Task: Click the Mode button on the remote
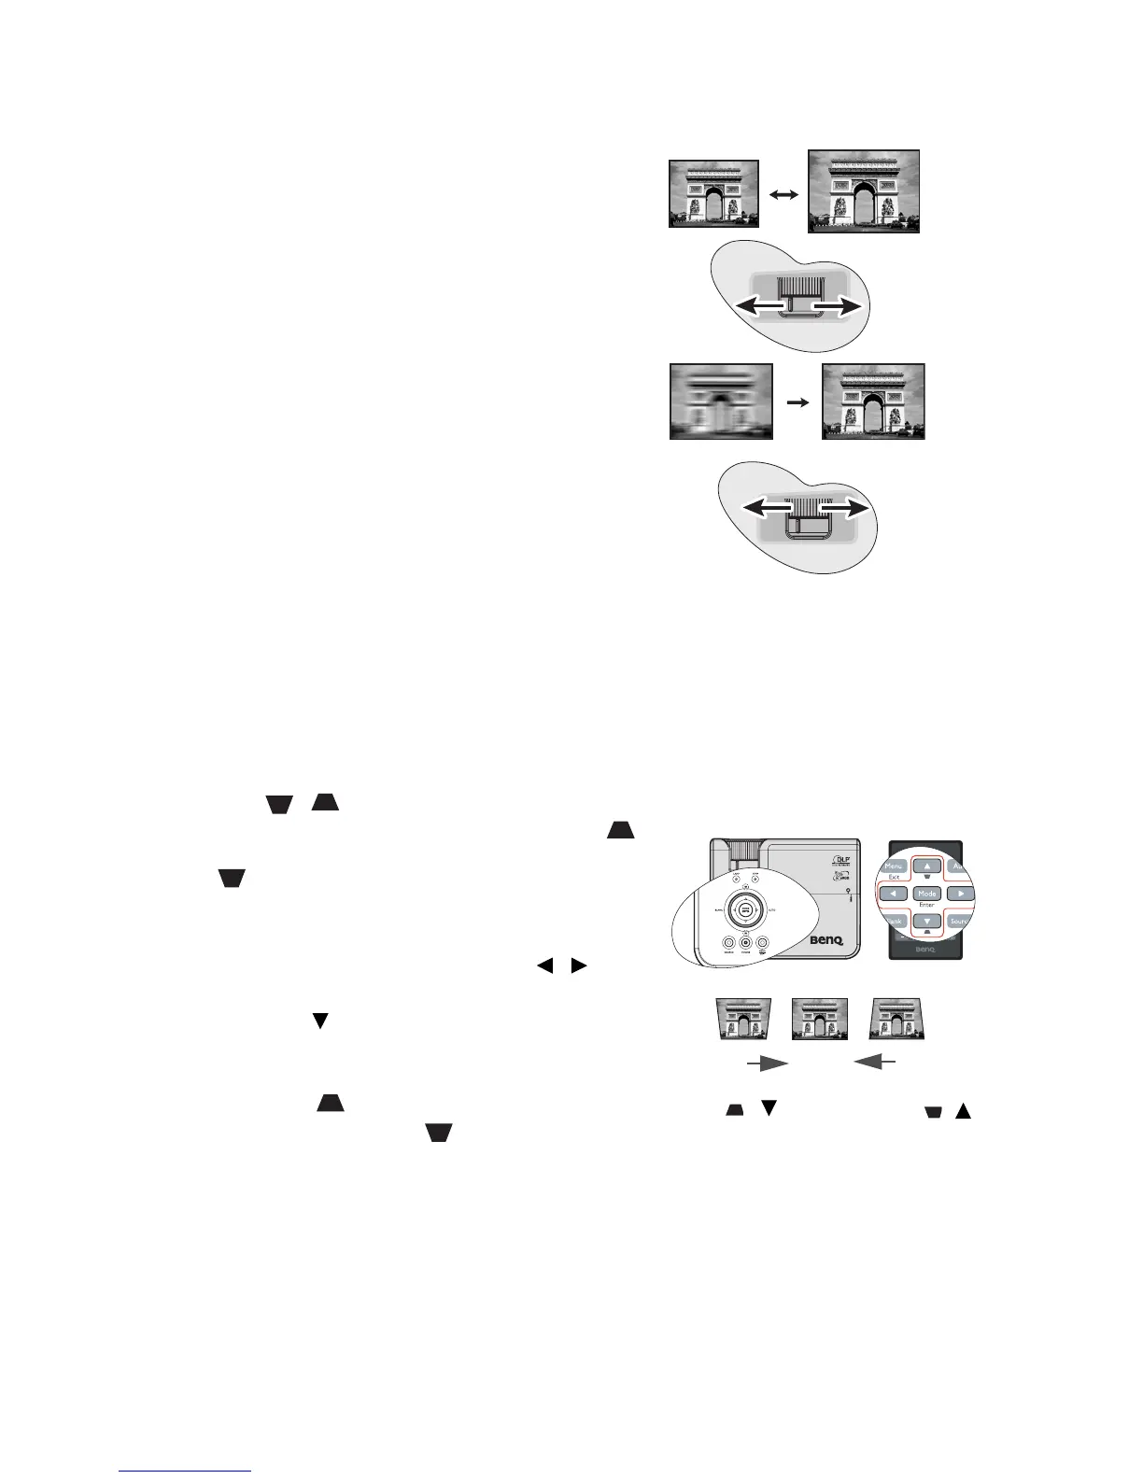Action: pyautogui.click(x=925, y=894)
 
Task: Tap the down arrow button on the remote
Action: pyautogui.click(x=925, y=921)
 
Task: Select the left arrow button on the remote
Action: pyautogui.click(x=894, y=894)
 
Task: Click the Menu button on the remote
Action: pyautogui.click(x=894, y=866)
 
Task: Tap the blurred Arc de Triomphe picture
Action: pyautogui.click(x=721, y=401)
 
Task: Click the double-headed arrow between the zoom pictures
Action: pyautogui.click(x=783, y=193)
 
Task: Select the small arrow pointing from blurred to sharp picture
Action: pyautogui.click(x=797, y=401)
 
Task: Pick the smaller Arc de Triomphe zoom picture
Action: pyautogui.click(x=713, y=193)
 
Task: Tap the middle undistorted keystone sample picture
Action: pyautogui.click(x=818, y=1019)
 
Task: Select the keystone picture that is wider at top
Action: pyautogui.click(x=743, y=1019)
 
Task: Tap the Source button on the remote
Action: pyautogui.click(x=959, y=921)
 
